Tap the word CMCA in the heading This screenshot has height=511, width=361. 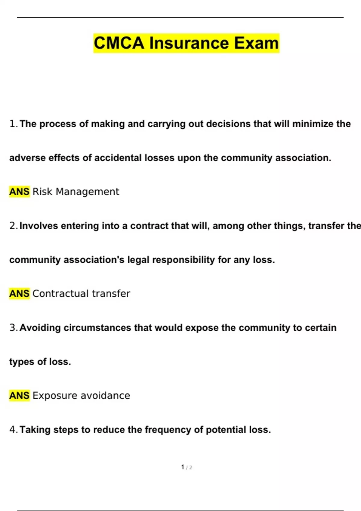119,43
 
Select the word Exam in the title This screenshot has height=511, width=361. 256,43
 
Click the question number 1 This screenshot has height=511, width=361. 13,124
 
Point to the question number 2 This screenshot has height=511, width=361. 13,226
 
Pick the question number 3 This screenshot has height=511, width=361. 13,328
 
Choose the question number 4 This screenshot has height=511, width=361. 13,430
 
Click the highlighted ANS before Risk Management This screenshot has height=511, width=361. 19,191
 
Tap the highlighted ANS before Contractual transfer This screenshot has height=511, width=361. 19,293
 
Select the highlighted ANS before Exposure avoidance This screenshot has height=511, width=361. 19,396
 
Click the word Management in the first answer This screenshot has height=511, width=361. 87,191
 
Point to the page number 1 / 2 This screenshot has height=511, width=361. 187,467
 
